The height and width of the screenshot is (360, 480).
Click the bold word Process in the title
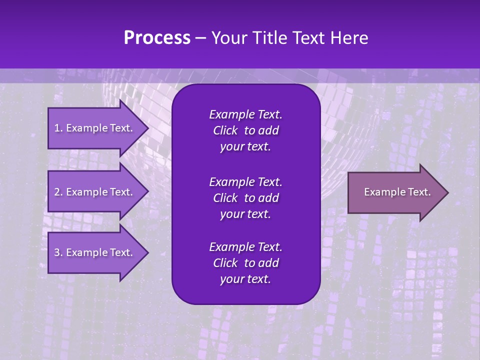point(157,38)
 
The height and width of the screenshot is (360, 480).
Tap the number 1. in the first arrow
point(58,128)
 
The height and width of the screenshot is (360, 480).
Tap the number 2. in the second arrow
point(58,192)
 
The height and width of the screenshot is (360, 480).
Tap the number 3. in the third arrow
point(58,252)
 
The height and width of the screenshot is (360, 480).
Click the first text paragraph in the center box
point(245,130)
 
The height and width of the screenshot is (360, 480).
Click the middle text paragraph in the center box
point(245,197)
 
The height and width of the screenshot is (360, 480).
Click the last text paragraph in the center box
point(245,263)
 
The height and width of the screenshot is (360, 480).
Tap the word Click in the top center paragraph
point(225,131)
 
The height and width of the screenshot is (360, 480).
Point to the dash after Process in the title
point(200,38)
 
